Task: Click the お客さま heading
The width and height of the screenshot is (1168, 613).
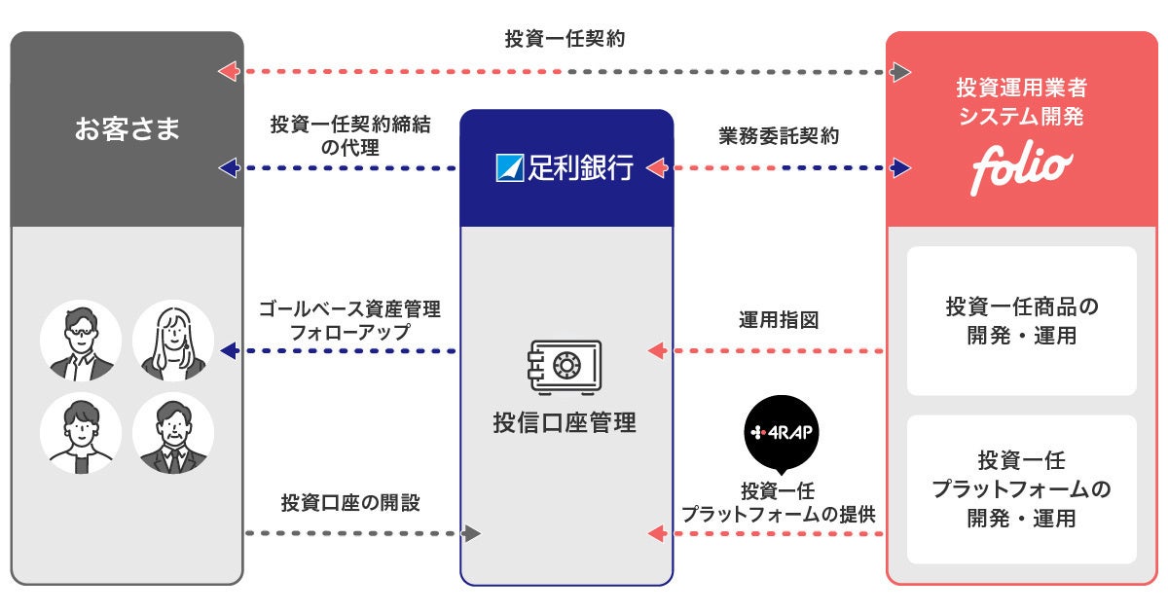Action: click(x=127, y=129)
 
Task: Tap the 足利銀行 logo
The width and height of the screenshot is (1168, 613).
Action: click(x=566, y=168)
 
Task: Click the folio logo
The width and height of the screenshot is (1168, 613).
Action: click(x=1021, y=169)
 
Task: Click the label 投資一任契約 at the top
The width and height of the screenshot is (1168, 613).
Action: click(x=565, y=40)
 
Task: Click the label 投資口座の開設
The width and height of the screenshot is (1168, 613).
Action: click(x=350, y=503)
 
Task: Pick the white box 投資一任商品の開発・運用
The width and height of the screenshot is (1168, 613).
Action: click(x=1021, y=321)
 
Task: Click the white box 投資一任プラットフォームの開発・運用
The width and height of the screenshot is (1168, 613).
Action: click(x=1021, y=489)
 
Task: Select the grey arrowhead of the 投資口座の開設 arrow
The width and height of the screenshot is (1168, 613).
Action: click(x=472, y=533)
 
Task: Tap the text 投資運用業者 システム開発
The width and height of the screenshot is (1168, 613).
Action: click(x=1021, y=102)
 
